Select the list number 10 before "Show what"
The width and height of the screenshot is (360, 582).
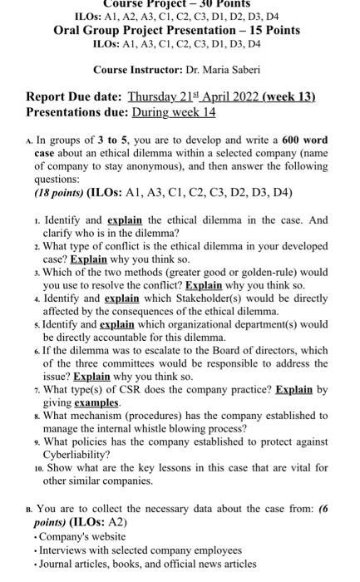click(35, 468)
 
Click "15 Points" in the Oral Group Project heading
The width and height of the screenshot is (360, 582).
click(271, 31)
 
